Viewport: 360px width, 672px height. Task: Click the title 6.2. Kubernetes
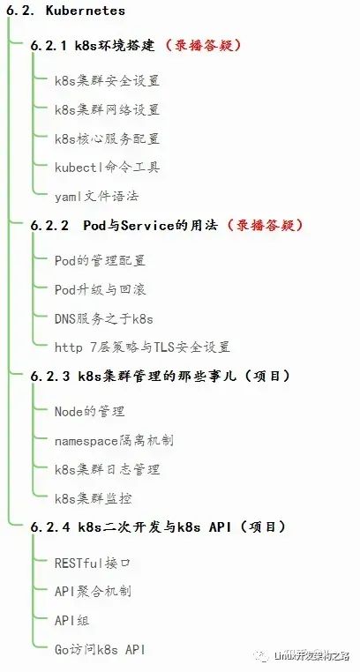click(65, 11)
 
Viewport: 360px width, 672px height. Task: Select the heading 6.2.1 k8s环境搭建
click(93, 46)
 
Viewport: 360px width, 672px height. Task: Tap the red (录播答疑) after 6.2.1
click(203, 46)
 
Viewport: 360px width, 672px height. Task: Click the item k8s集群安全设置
click(107, 80)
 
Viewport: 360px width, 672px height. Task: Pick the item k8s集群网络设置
click(107, 109)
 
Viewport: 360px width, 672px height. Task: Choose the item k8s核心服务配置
click(107, 138)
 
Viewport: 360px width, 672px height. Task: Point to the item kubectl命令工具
click(107, 168)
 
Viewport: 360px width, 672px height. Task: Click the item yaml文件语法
click(96, 197)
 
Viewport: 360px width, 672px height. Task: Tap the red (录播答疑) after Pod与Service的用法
click(265, 226)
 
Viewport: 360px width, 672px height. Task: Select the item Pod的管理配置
click(101, 260)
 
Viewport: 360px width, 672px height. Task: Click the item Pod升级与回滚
click(101, 290)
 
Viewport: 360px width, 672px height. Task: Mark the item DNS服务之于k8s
click(104, 319)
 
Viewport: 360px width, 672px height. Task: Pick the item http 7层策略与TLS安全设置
click(142, 347)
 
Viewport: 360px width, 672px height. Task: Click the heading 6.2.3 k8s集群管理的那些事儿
click(133, 377)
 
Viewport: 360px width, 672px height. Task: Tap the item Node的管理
click(90, 412)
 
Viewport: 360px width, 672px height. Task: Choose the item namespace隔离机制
click(114, 441)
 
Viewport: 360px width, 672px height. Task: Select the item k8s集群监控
click(93, 498)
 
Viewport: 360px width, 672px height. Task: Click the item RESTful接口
click(92, 563)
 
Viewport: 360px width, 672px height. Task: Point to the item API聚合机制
click(93, 592)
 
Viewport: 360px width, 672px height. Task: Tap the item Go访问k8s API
click(100, 650)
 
